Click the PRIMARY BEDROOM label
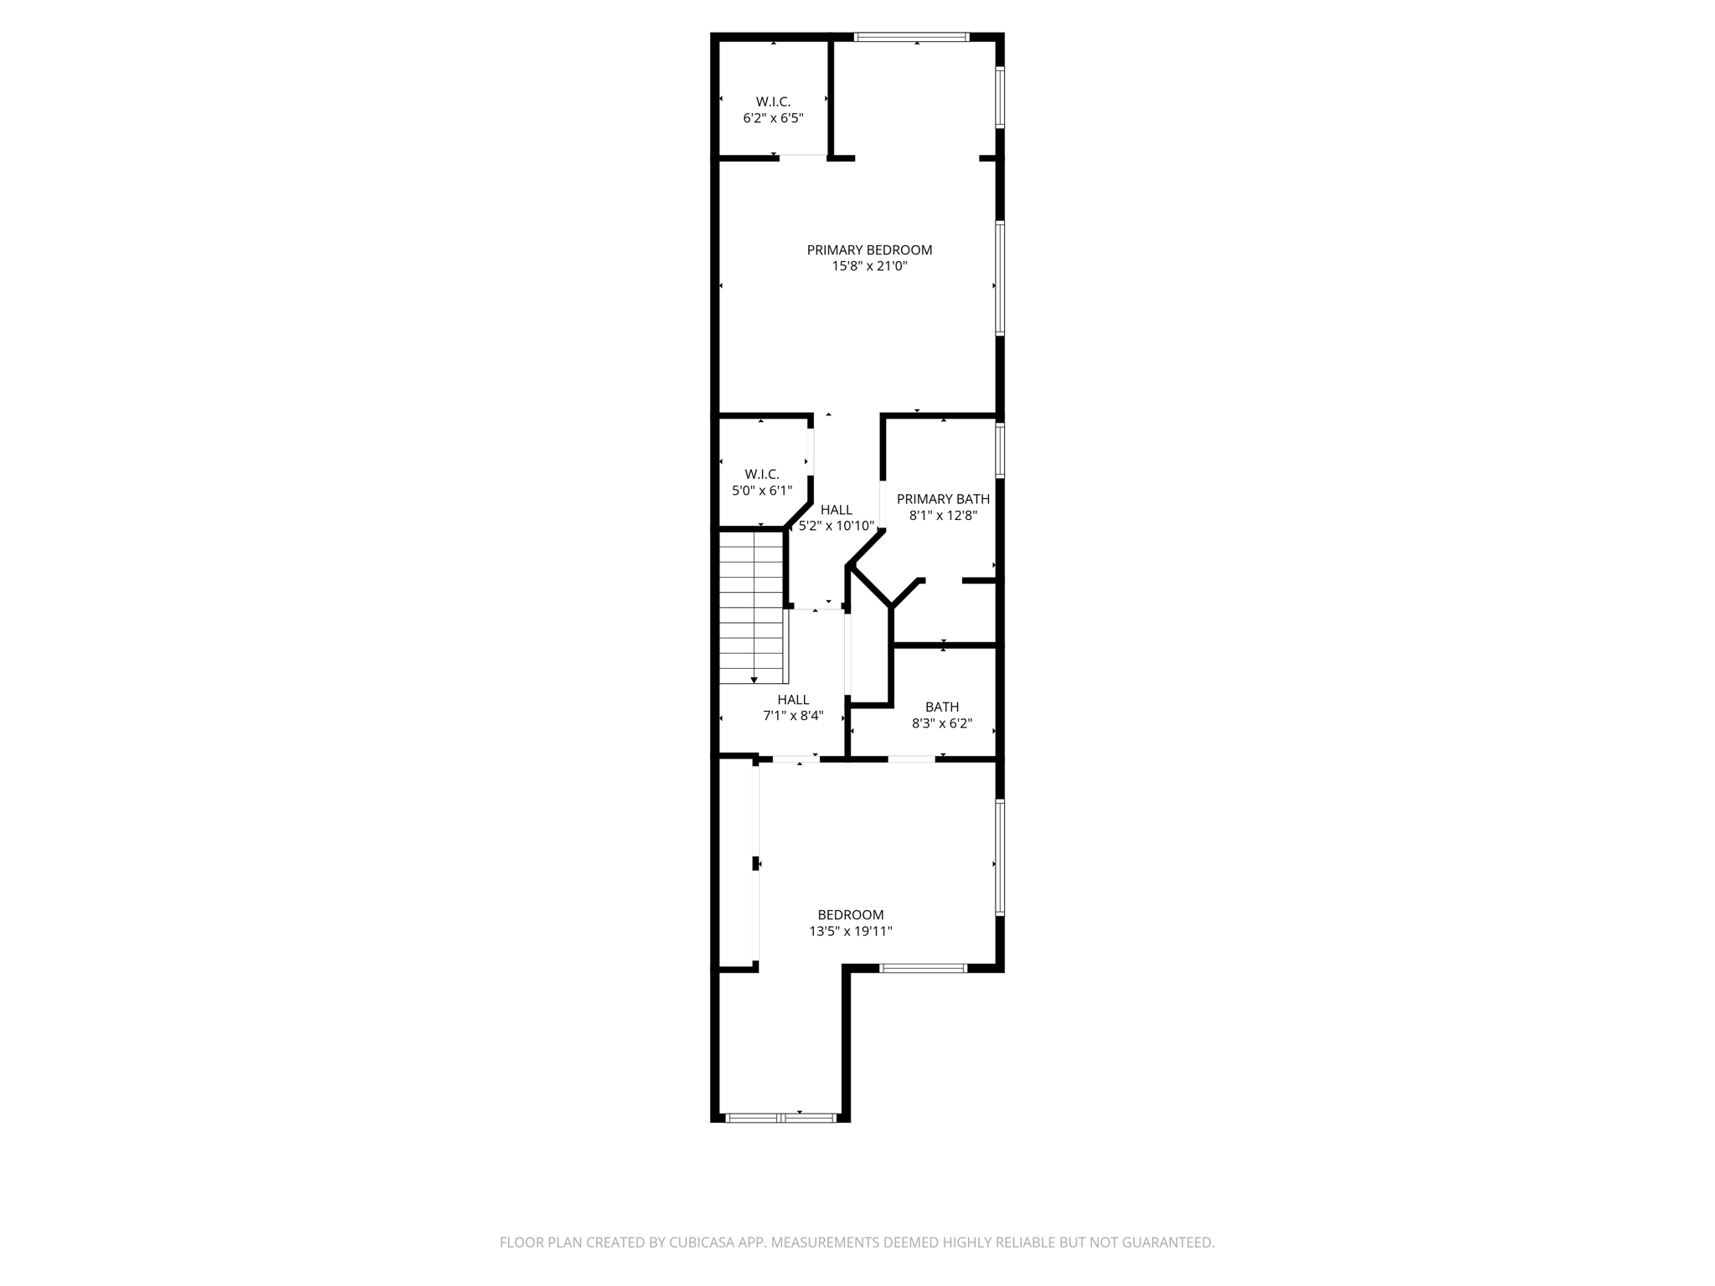869,250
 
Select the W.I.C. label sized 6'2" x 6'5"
773,102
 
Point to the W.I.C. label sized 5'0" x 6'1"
761,475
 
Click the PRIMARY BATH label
943,499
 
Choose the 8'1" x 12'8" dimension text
943,516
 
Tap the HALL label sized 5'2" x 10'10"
836,510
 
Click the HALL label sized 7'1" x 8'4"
793,700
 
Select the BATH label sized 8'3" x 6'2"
942,707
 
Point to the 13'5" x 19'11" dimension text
851,931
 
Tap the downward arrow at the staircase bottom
754,679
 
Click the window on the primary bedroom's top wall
911,37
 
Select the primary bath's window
1000,450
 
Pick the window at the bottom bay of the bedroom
780,1118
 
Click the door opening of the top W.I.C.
803,157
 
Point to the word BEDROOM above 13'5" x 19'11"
851,915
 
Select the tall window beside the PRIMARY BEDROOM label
1000,279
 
